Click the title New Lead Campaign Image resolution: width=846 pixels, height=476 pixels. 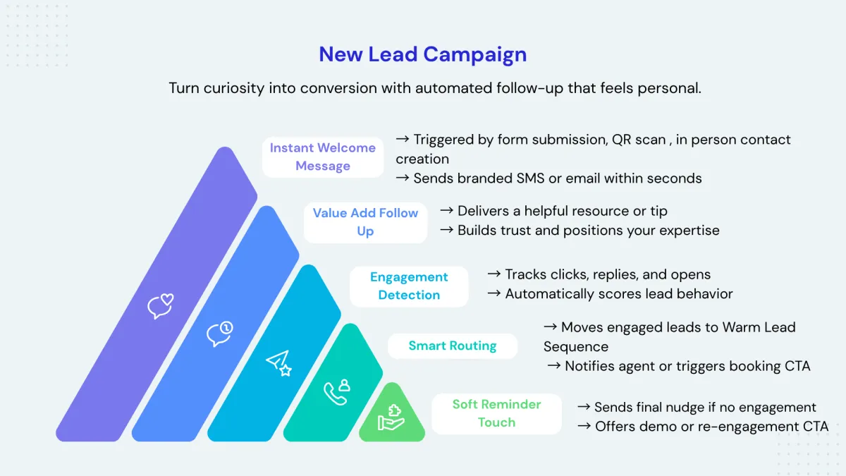tap(422, 54)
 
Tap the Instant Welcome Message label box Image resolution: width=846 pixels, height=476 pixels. tap(323, 157)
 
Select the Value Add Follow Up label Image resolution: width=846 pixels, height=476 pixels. tap(365, 222)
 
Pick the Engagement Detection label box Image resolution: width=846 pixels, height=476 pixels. tap(409, 286)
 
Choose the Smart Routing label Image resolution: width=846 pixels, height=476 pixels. tap(453, 346)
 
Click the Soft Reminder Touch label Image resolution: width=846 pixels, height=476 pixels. tap(496, 413)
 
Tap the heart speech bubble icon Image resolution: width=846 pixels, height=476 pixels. tap(160, 306)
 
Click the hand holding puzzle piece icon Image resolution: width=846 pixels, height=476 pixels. tap(391, 417)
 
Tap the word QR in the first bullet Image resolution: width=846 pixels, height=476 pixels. tap(620, 140)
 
